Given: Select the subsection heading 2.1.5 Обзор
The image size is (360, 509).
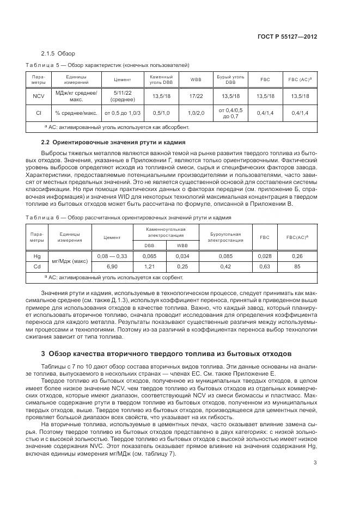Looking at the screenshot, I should pos(58,53).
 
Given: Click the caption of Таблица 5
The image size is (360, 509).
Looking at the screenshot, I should pos(107,64).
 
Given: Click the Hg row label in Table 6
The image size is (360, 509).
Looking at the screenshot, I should pos(37,256).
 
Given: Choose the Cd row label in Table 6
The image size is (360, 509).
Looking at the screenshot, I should pos(37,267).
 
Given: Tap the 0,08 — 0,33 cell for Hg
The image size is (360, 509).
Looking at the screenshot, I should pos(112,256).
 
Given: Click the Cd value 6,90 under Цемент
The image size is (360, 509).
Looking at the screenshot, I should pos(112,267).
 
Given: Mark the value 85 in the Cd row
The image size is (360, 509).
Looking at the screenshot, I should pos(297,267).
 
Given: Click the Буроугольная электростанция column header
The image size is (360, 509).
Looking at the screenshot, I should pos(225,237).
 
